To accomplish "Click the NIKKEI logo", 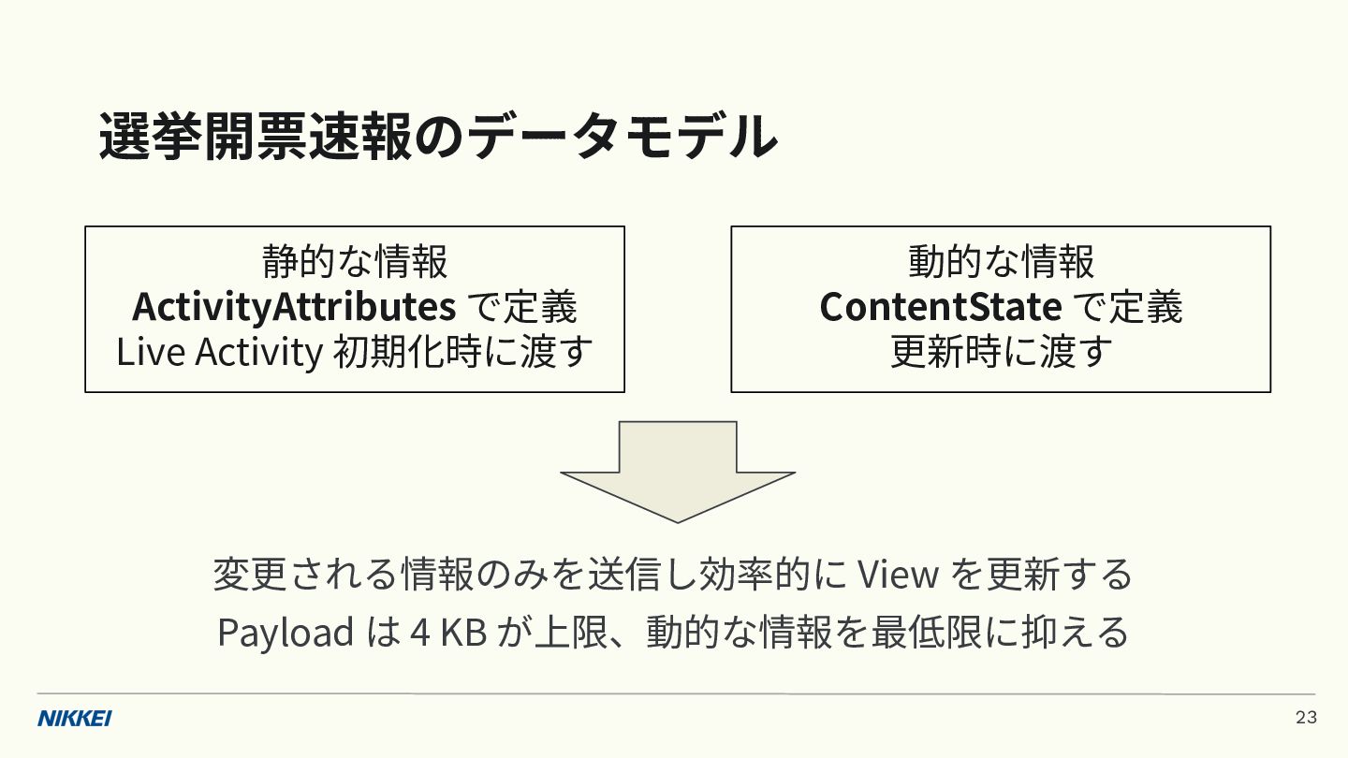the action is [x=75, y=719].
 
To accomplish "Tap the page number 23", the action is [x=1307, y=718].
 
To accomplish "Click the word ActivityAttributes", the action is [x=294, y=307].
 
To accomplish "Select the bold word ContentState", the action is [x=941, y=307].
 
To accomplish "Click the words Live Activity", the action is [x=220, y=352].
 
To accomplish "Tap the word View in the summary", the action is [x=897, y=574].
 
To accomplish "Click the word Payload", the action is [x=286, y=633].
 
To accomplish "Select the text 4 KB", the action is [x=448, y=633].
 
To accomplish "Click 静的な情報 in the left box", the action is [x=355, y=262].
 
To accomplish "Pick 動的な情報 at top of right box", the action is [x=1001, y=262].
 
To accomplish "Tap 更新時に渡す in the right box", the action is [x=1001, y=352].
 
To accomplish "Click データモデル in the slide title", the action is [x=621, y=136].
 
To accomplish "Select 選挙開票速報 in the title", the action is [x=256, y=137].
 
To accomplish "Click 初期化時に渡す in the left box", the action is [x=462, y=352].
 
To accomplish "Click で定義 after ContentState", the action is [x=1128, y=307].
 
